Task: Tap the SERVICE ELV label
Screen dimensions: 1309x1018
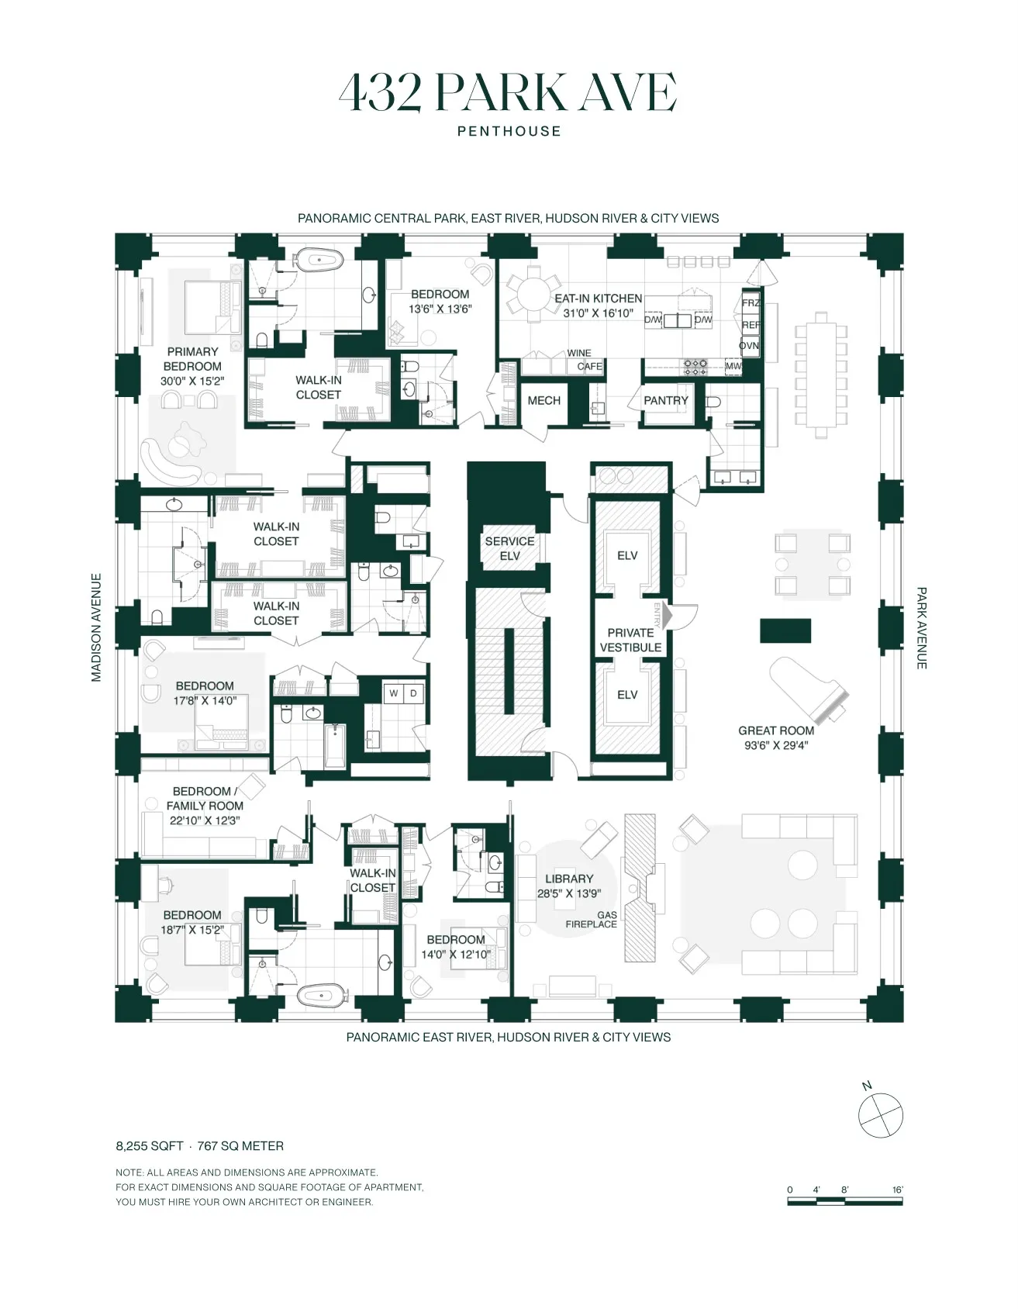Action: pos(509,548)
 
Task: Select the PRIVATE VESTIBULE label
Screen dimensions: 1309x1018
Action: pos(630,640)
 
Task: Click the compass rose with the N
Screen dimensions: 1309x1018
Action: pos(881,1115)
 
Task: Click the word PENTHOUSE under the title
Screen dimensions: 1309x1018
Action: pos(509,131)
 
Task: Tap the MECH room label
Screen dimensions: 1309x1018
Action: pos(544,400)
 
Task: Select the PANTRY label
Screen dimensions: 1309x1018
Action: pos(666,400)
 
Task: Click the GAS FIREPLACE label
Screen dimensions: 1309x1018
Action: pos(592,920)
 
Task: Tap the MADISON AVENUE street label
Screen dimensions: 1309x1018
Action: pos(96,627)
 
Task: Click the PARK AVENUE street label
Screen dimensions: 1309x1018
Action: pos(922,627)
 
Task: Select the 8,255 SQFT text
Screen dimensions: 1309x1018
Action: pos(149,1145)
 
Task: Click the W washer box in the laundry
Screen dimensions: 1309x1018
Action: pos(394,692)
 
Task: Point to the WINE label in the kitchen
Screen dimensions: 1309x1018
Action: pos(579,353)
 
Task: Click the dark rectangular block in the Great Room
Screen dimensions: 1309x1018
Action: pos(785,630)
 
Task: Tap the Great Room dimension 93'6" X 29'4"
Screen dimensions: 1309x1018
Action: pos(776,745)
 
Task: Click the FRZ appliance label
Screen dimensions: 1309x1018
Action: pos(750,303)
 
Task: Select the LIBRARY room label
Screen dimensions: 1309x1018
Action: pos(568,879)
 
